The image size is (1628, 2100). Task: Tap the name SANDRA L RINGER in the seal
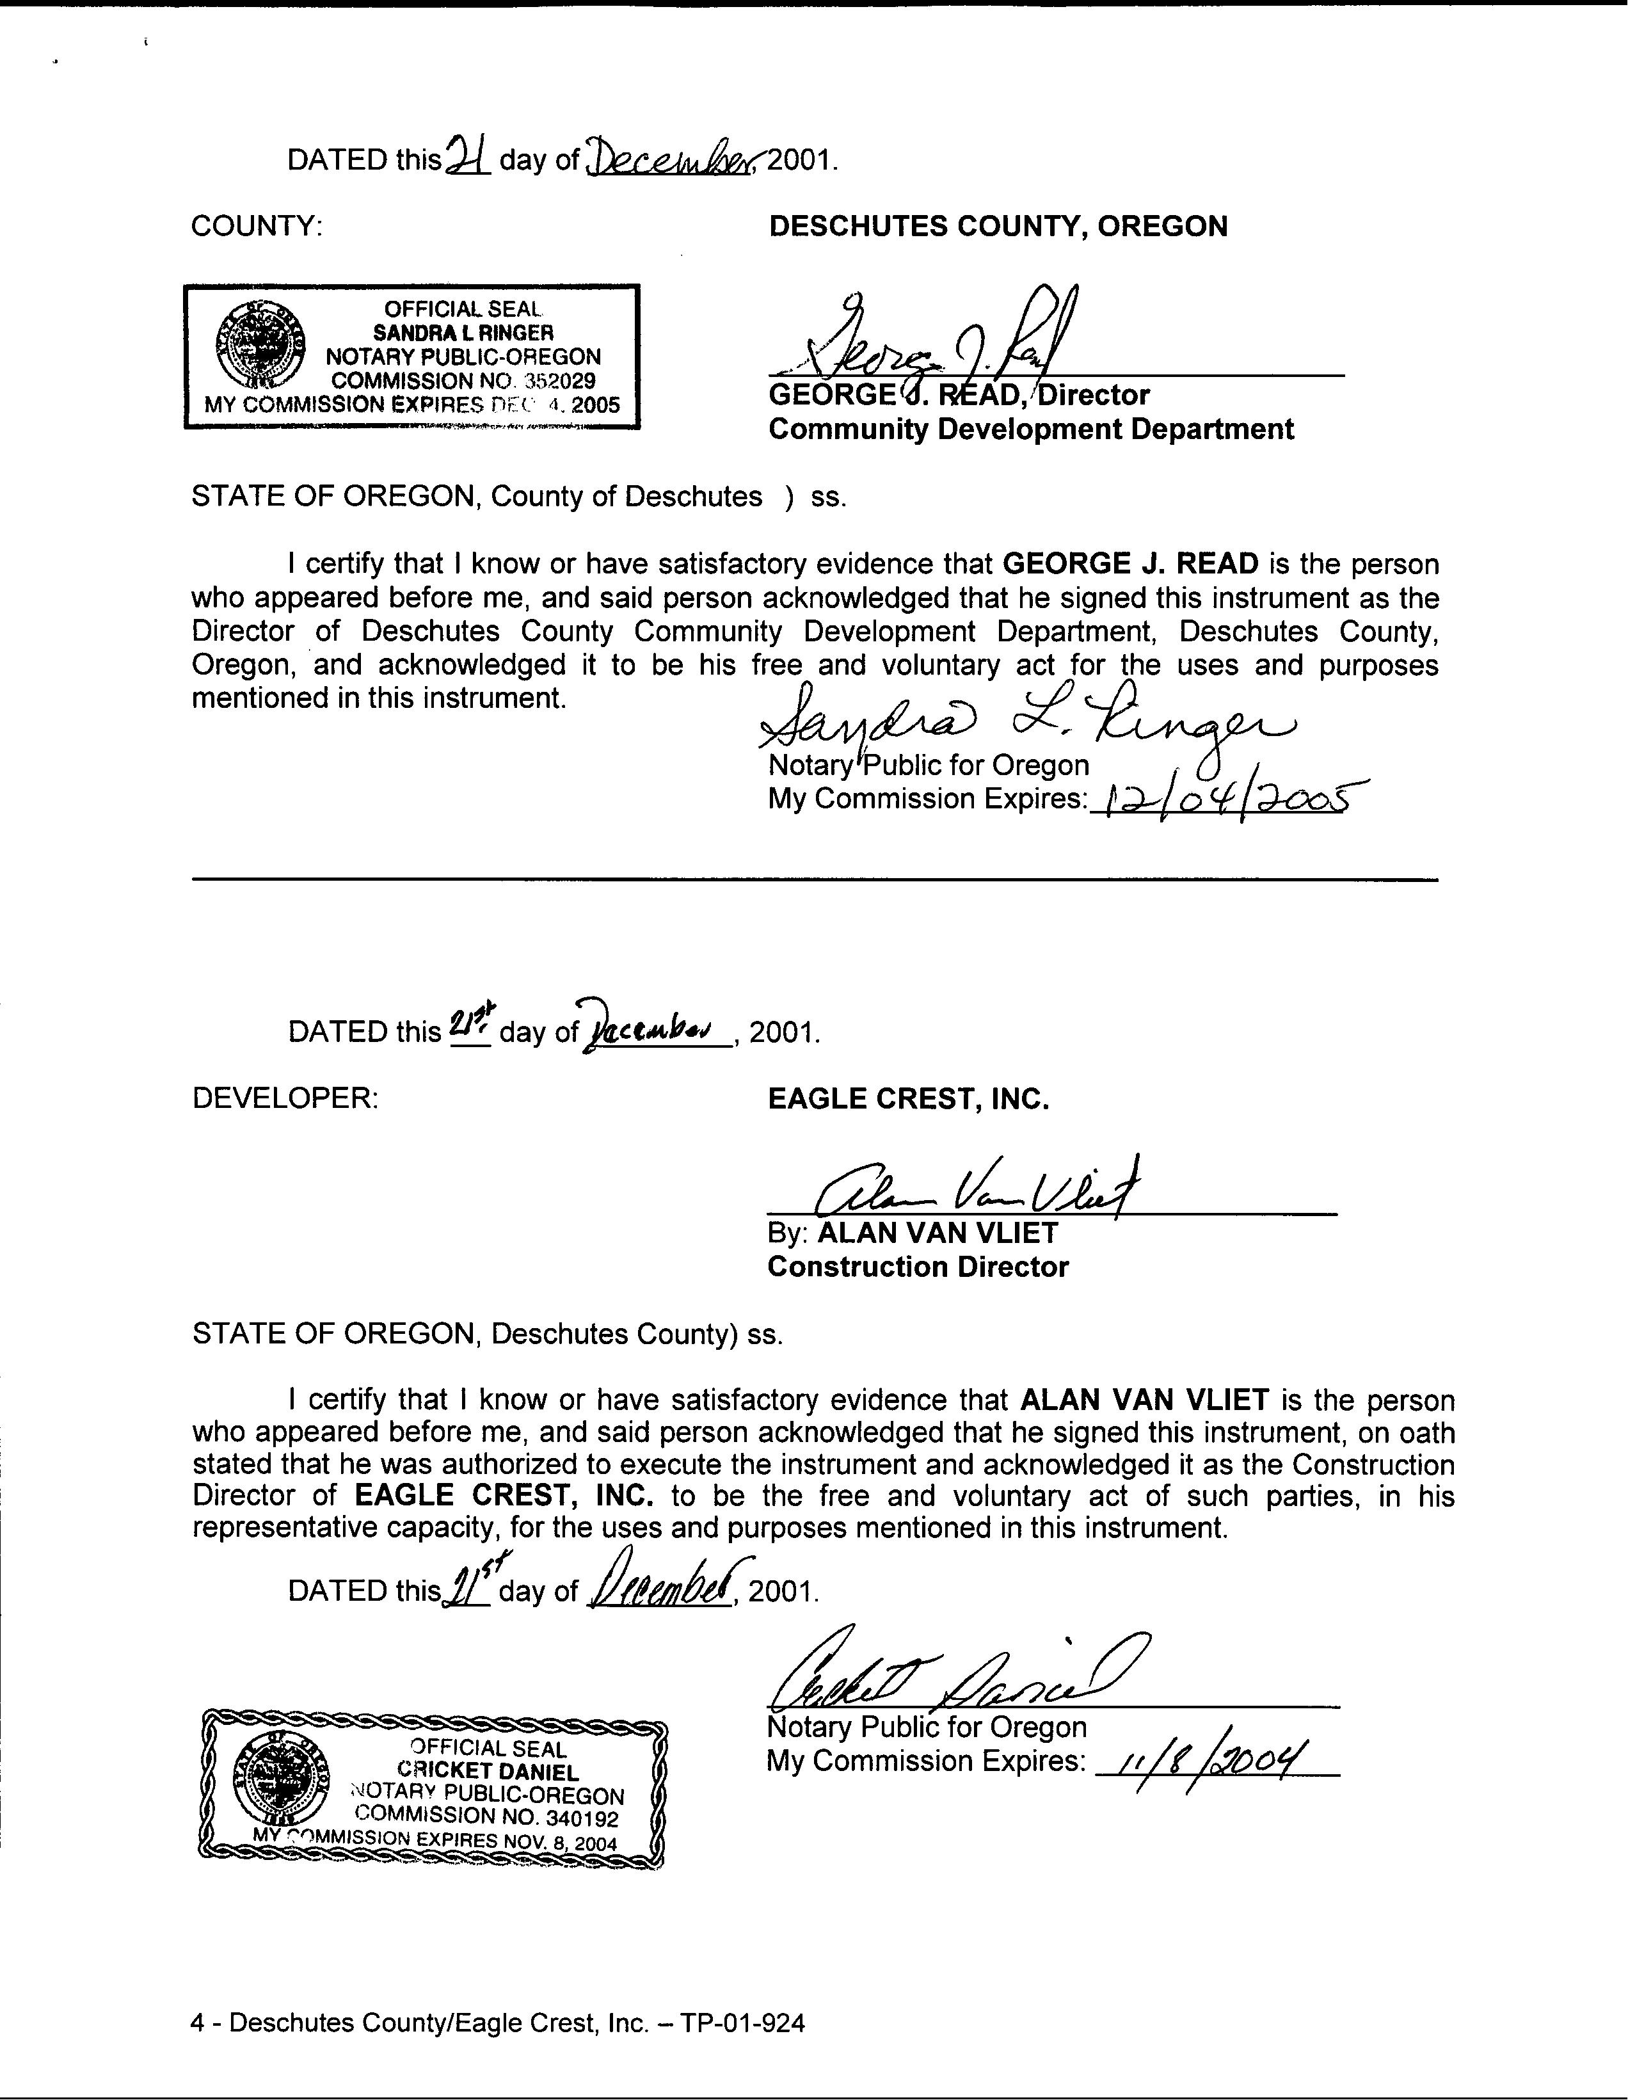click(463, 333)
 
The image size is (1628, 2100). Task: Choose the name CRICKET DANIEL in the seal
click(488, 1771)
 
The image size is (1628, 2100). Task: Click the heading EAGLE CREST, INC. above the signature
click(908, 1098)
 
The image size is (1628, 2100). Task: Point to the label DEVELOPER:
click(285, 1098)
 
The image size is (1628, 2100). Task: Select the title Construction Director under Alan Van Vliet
click(918, 1267)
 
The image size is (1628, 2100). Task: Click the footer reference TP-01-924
click(742, 2023)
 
